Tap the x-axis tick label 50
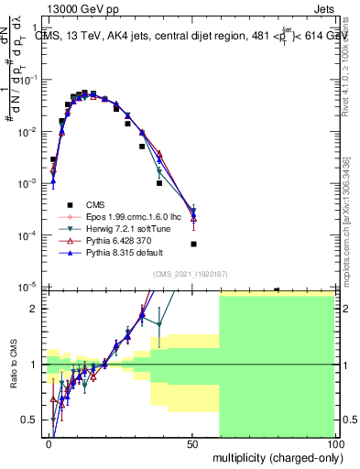tap(192, 443)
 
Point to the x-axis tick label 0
tap(49, 443)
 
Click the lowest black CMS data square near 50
tap(193, 244)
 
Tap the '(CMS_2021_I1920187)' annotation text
tap(190, 273)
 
